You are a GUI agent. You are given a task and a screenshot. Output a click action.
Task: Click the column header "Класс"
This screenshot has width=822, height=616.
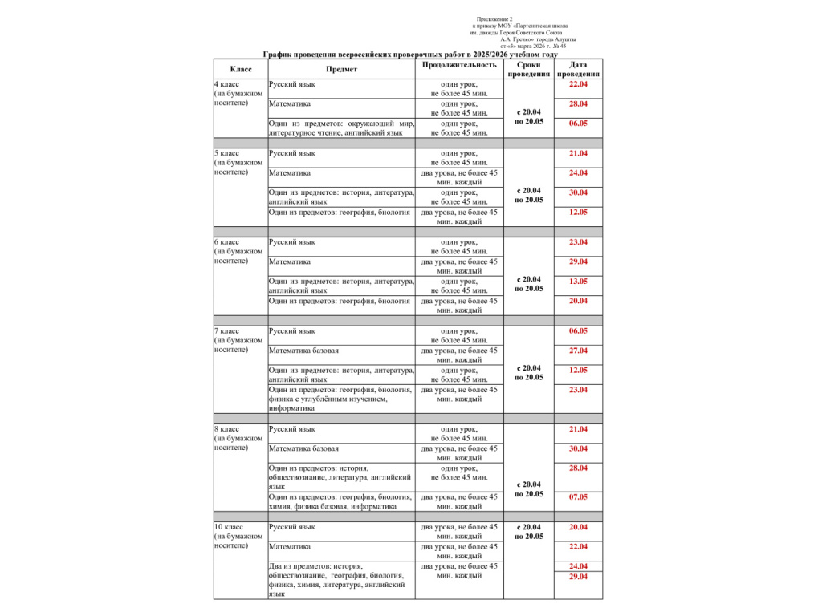pyautogui.click(x=241, y=69)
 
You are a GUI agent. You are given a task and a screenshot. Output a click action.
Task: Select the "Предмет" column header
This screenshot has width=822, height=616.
pyautogui.click(x=341, y=69)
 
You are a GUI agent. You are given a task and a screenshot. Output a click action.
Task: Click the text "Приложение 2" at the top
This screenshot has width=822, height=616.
pyautogui.click(x=494, y=18)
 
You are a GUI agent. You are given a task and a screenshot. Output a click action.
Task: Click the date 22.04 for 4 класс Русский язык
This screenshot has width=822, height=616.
pyautogui.click(x=578, y=84)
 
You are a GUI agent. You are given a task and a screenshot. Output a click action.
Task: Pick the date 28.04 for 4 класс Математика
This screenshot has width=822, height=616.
pyautogui.click(x=578, y=104)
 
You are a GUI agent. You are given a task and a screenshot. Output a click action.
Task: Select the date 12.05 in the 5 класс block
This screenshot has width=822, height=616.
pyautogui.click(x=578, y=213)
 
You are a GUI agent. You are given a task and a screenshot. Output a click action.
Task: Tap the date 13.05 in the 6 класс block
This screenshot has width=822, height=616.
pyautogui.click(x=578, y=282)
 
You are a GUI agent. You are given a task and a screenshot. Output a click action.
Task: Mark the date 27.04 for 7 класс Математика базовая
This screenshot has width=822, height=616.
pyautogui.click(x=578, y=351)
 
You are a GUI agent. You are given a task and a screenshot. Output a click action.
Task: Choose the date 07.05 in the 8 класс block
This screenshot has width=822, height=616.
pyautogui.click(x=578, y=497)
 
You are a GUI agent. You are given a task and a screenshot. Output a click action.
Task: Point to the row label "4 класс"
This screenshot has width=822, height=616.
pyautogui.click(x=226, y=84)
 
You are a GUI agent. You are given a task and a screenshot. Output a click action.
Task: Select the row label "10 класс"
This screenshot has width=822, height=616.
pyautogui.click(x=229, y=527)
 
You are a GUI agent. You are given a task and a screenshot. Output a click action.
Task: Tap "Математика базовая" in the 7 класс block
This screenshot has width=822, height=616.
pyautogui.click(x=303, y=351)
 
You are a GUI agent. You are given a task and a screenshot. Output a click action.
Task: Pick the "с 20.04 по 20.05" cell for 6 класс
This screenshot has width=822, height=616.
pyautogui.click(x=529, y=284)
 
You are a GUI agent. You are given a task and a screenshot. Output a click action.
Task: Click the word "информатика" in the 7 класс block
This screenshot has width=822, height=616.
pyautogui.click(x=291, y=408)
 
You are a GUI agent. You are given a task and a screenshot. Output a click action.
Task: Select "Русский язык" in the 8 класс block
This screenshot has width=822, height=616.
pyautogui.click(x=292, y=429)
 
